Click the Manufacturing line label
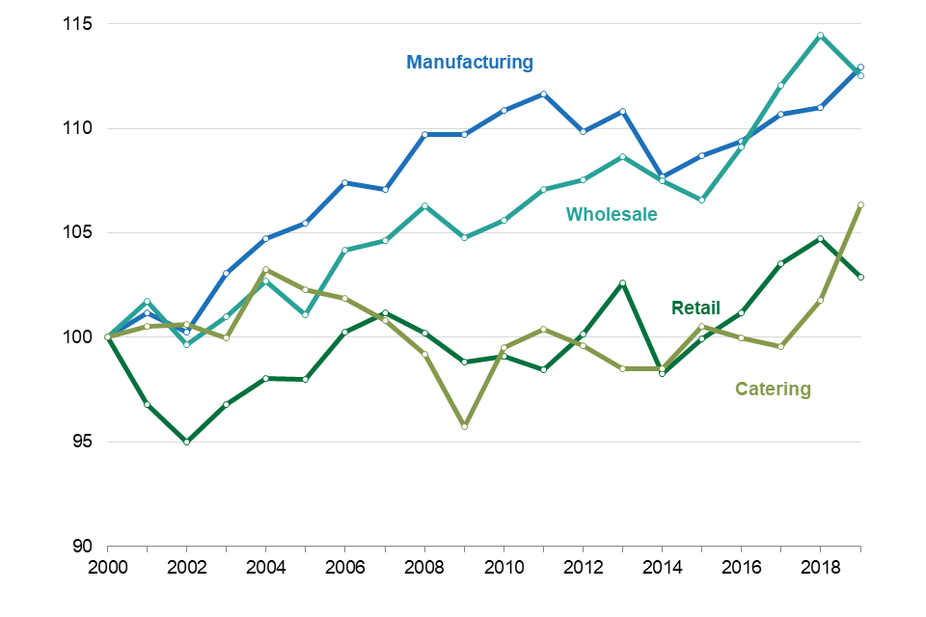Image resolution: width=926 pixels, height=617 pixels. click(470, 63)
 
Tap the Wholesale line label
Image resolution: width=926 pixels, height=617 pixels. click(612, 214)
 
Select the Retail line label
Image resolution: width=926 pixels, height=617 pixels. click(695, 308)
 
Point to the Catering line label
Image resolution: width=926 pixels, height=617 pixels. click(773, 389)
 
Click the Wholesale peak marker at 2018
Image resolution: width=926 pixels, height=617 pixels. click(820, 36)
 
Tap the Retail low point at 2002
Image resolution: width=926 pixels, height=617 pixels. click(186, 442)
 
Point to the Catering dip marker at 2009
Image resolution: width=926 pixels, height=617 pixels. click(464, 425)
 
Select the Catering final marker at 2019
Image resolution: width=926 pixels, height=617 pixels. click(859, 204)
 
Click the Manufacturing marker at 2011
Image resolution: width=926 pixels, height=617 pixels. click(543, 94)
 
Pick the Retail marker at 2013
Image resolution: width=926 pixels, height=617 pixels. click(622, 282)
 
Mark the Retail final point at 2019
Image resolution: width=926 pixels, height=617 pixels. click(859, 277)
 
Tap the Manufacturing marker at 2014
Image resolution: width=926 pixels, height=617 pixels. click(662, 177)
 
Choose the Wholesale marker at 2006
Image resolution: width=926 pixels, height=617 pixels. click(344, 251)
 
